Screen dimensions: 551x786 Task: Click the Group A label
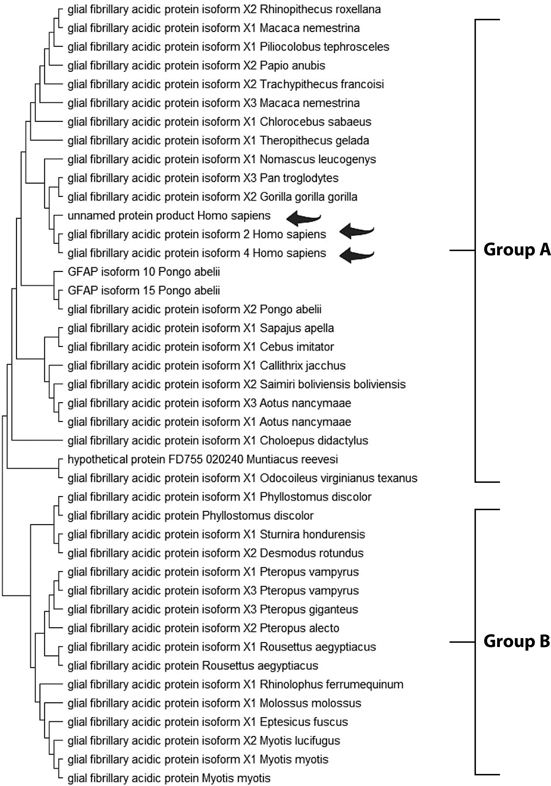(516, 250)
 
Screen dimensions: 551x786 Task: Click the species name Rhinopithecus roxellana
(320, 9)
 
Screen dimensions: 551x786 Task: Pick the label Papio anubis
(293, 65)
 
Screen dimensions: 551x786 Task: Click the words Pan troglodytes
(299, 178)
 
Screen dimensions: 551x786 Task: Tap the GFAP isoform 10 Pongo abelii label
(144, 272)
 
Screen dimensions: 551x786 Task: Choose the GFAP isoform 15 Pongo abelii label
(144, 291)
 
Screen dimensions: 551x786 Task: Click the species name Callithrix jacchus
(303, 366)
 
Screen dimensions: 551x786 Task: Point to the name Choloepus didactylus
(314, 440)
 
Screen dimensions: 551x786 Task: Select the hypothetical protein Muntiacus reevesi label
(203, 459)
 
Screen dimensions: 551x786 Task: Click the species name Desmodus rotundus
(312, 553)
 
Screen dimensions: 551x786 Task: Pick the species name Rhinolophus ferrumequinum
(332, 684)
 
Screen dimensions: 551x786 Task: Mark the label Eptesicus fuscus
(304, 722)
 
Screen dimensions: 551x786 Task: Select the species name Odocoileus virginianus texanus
(339, 478)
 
